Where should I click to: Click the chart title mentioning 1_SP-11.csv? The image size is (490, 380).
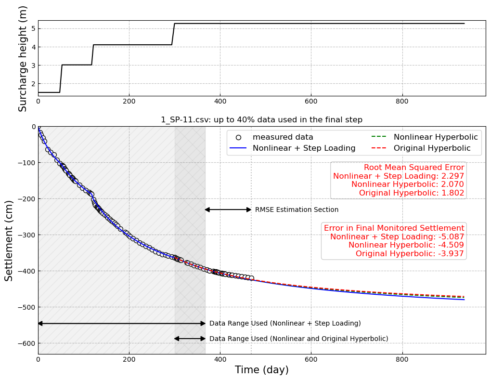(261, 120)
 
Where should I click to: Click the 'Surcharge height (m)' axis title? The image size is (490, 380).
(23, 58)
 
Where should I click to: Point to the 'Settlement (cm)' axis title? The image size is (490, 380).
(9, 240)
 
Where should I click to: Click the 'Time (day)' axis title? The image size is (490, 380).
(261, 370)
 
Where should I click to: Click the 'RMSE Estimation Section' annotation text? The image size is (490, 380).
(297, 210)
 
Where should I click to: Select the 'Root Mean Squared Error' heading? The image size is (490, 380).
(414, 168)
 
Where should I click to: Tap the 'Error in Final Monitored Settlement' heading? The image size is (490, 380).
(394, 228)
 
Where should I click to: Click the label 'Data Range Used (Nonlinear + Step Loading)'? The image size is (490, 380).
(285, 324)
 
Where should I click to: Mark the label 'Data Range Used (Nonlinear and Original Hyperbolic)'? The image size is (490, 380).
(298, 339)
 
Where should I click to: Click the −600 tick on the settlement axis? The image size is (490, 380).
(26, 343)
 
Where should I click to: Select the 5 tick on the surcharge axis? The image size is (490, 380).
(33, 28)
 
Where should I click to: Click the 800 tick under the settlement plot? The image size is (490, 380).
(402, 359)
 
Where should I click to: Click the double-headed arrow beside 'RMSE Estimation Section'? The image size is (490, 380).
(228, 210)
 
